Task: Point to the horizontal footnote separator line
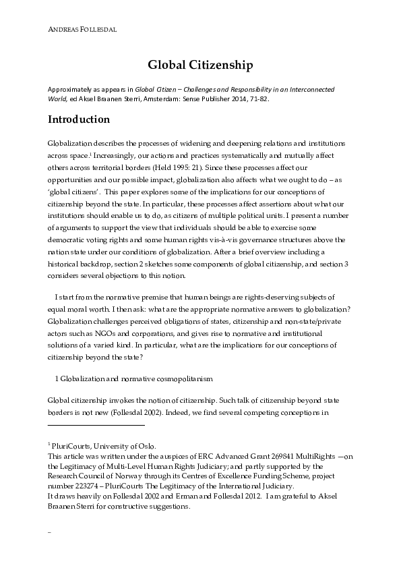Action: (x=96, y=425)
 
